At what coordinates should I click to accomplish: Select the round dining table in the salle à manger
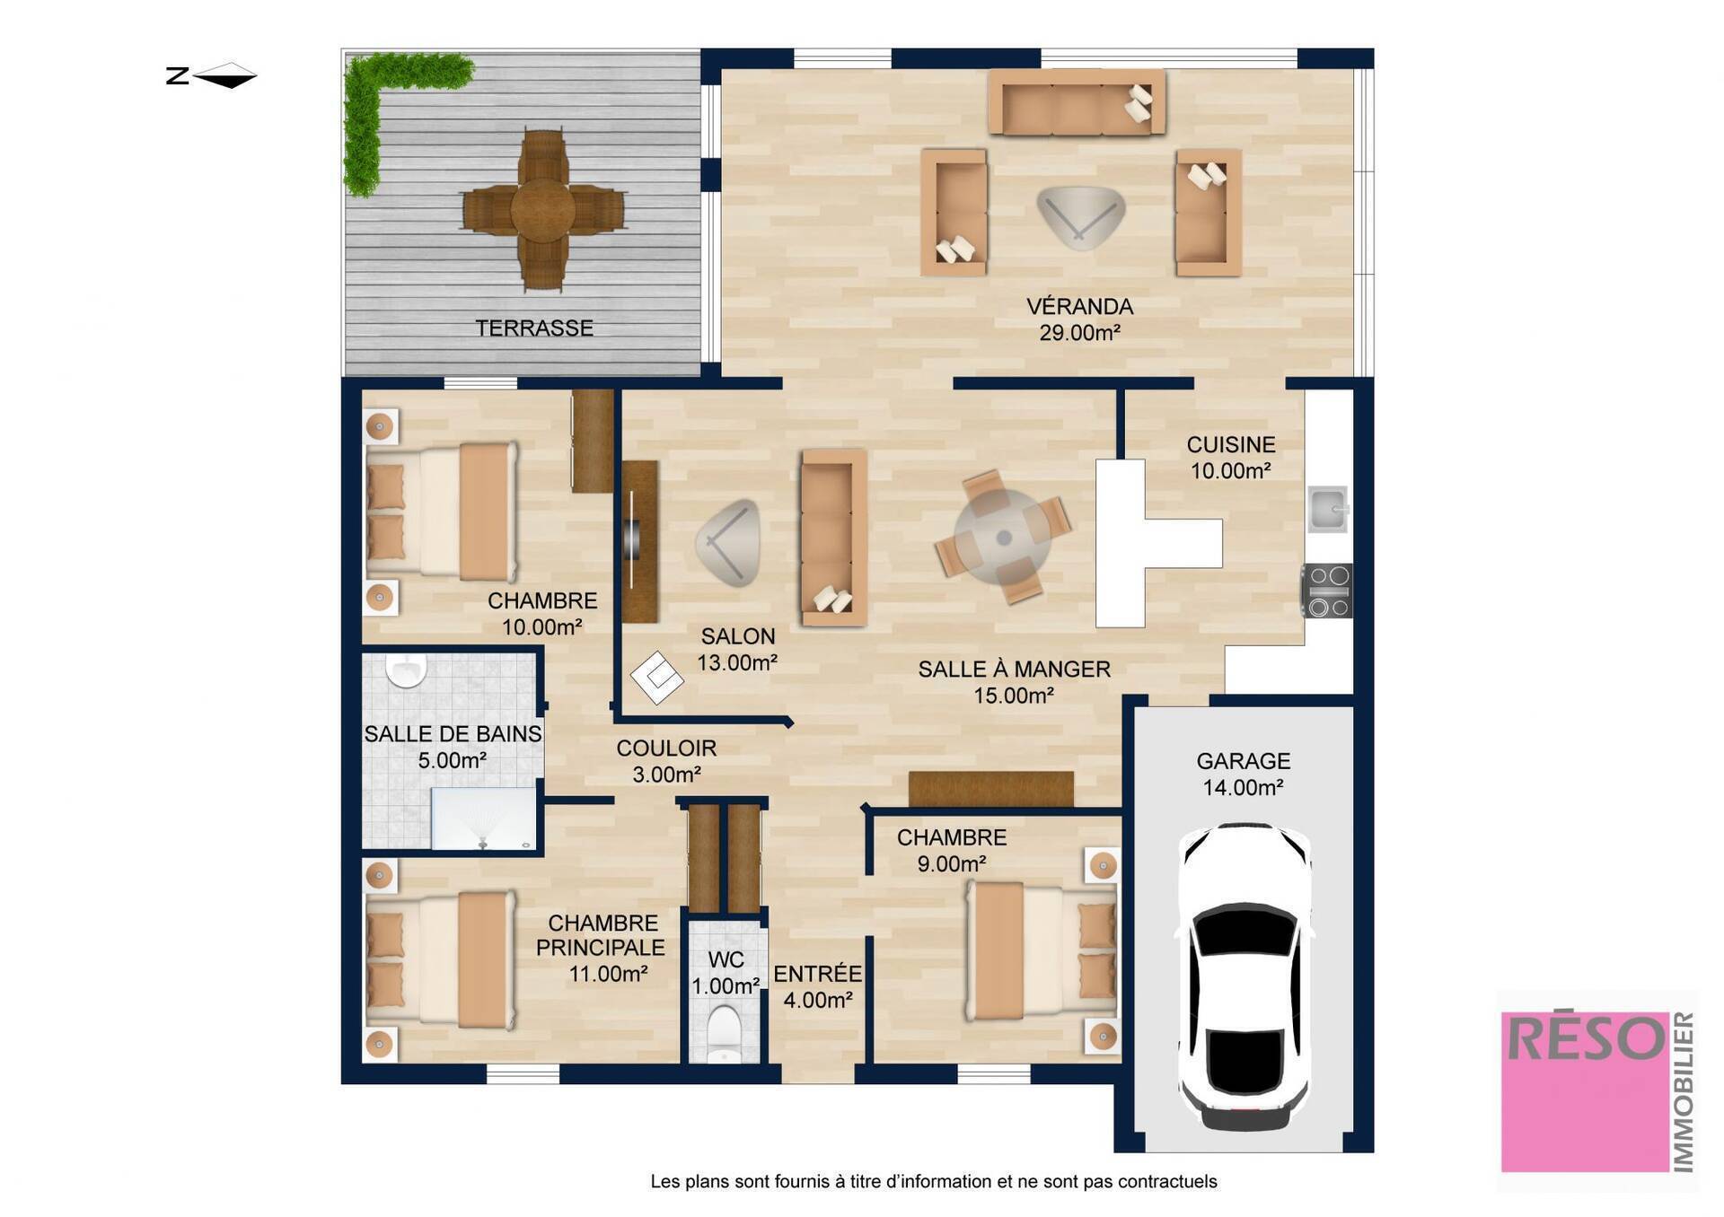[1003, 538]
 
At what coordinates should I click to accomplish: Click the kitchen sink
[1328, 509]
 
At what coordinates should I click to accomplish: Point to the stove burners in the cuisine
[1328, 591]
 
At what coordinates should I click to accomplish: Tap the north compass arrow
[224, 75]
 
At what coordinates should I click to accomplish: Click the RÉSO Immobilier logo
[1596, 1090]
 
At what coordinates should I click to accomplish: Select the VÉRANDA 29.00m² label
[1079, 320]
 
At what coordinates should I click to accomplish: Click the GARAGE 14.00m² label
[1243, 774]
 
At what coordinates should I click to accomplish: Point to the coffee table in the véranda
[1080, 216]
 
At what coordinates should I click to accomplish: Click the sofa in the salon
[833, 538]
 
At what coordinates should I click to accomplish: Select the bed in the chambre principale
[441, 960]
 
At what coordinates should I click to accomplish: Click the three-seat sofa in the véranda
[1077, 102]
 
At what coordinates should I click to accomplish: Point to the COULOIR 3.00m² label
[666, 761]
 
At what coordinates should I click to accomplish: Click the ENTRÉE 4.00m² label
[817, 986]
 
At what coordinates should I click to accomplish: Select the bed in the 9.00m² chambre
[1042, 951]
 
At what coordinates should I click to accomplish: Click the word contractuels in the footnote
[1167, 1181]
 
